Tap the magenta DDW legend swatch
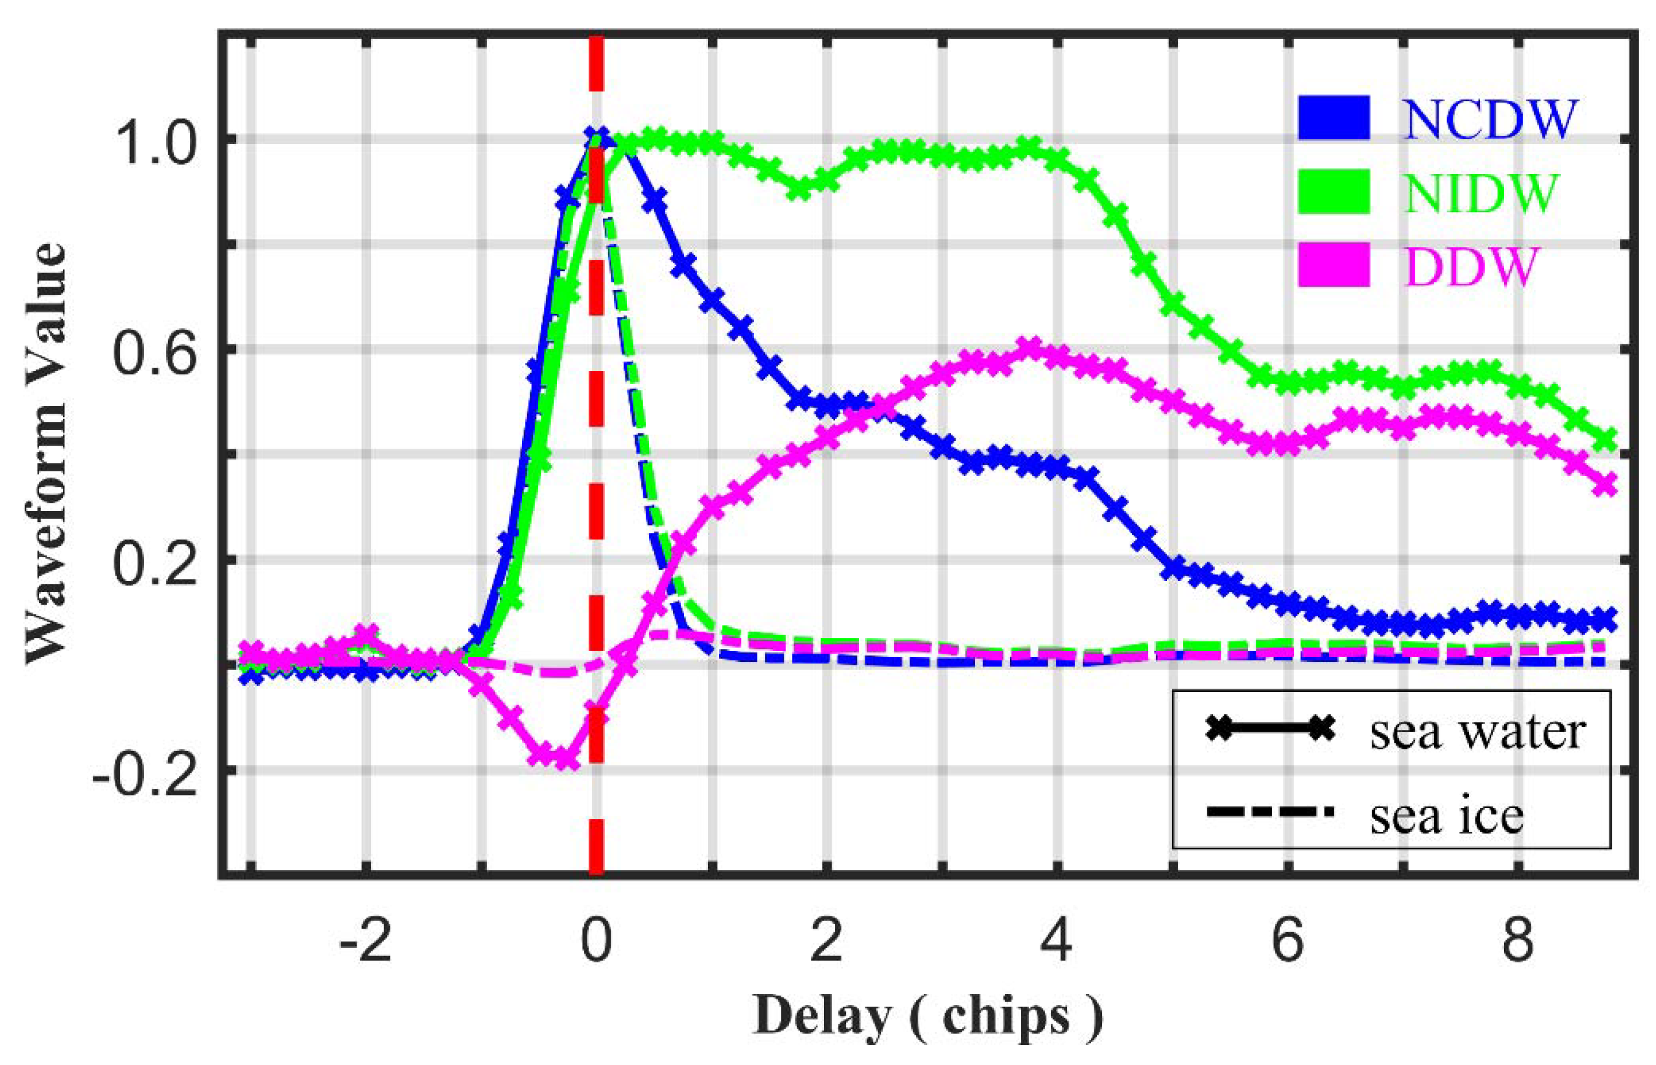1334,265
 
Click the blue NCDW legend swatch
1334,119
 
